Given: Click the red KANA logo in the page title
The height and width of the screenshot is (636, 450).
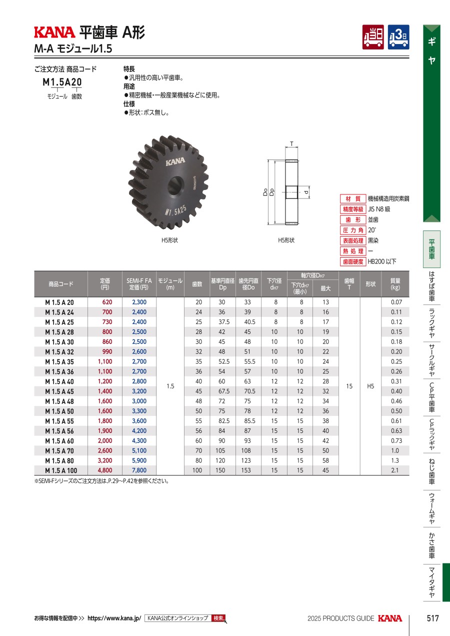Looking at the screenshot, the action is (54, 32).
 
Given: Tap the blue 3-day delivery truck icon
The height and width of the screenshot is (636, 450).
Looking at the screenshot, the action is (398, 37).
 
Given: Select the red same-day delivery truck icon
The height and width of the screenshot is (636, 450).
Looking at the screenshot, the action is (373, 37).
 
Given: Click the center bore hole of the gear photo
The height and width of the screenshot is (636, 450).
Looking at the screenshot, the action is (175, 185).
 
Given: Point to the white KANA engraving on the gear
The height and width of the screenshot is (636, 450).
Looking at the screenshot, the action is (175, 161).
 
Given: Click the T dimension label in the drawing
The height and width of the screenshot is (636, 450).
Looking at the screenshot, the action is (291, 144).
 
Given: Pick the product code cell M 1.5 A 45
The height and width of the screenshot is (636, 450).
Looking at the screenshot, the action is (59, 391).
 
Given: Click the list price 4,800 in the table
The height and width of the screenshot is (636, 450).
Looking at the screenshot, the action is (105, 470).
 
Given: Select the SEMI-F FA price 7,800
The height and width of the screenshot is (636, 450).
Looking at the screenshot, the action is (139, 470).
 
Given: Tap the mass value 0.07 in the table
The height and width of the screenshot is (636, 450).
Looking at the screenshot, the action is (396, 302).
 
